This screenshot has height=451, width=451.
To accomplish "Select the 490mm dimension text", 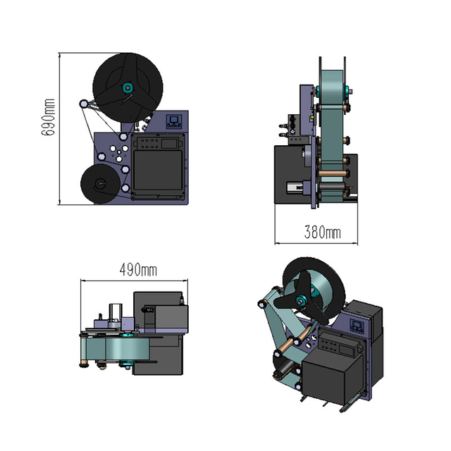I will point(138,270).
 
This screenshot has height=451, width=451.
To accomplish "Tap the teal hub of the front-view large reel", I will point(128,87).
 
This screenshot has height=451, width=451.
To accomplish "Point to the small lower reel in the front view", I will point(100,185).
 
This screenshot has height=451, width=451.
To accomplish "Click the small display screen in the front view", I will point(174,121).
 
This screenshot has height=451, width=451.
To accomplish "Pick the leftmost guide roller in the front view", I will point(85,104).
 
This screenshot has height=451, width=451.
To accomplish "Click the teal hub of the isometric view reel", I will point(302,301).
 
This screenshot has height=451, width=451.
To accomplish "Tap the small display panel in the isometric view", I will point(357,326).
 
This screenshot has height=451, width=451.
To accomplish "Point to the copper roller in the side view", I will point(332,171).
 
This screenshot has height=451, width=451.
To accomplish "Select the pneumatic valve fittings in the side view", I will point(286,127).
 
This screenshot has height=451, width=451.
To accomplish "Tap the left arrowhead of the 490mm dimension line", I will point(83,280).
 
